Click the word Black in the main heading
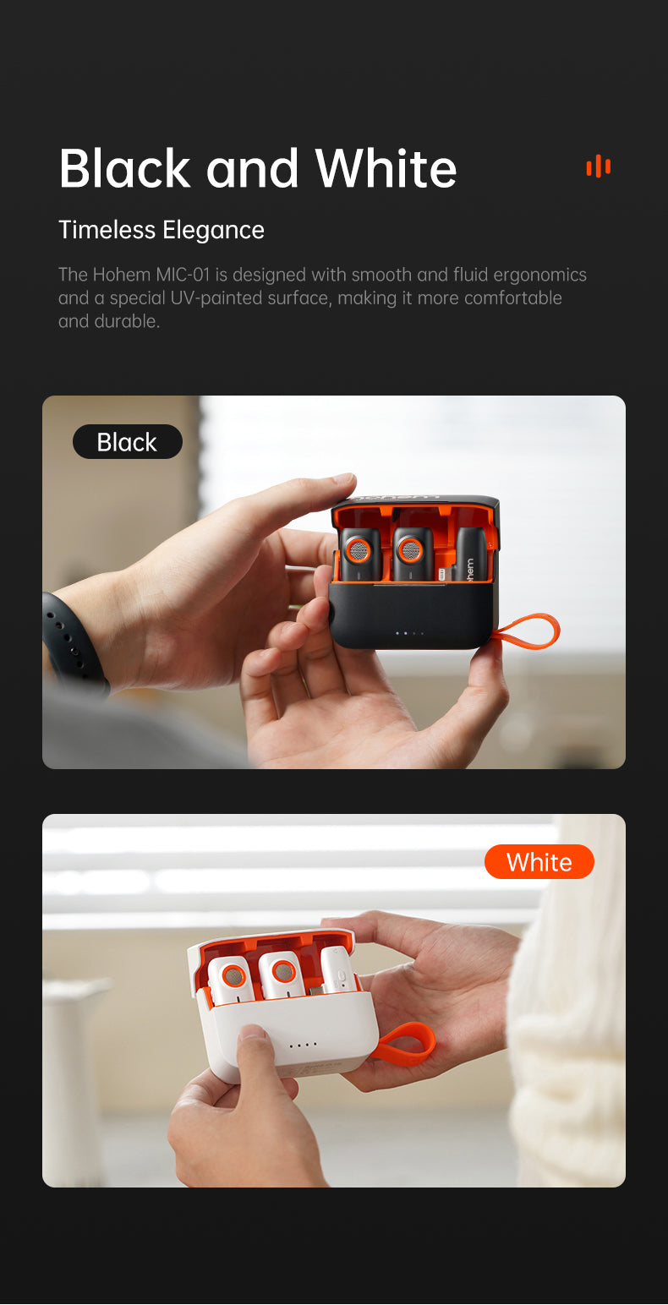[125, 168]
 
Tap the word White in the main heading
[386, 168]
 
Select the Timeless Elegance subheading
[162, 230]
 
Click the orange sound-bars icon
[598, 167]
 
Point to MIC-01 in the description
[183, 275]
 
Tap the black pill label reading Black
[127, 441]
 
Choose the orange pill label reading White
[539, 861]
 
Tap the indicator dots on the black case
[409, 633]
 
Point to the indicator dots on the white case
[304, 1046]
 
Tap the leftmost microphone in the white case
[231, 981]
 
